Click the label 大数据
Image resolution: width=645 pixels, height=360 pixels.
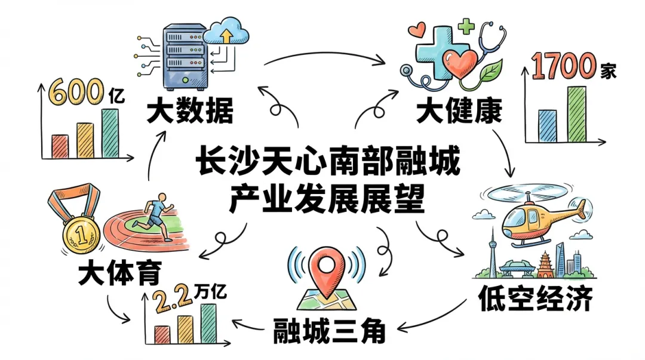[x=189, y=112]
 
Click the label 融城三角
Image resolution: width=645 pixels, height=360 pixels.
[x=329, y=330]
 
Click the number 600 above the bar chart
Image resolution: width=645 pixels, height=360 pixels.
[x=75, y=93]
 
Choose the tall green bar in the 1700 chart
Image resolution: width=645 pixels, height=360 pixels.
[x=576, y=113]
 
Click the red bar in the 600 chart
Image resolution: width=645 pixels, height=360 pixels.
[x=60, y=146]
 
